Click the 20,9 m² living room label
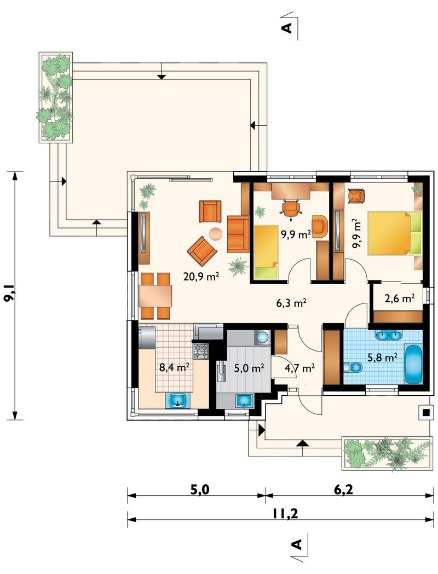[201, 276]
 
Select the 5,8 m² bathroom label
[383, 357]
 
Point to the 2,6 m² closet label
[400, 298]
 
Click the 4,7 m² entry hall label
[299, 367]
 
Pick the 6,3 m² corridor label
[291, 303]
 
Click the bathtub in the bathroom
[413, 364]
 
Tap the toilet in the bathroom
[353, 367]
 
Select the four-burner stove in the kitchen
[201, 351]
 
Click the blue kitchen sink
[178, 401]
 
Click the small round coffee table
[215, 233]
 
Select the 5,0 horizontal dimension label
[199, 490]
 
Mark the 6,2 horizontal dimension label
[343, 490]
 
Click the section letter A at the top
[289, 27]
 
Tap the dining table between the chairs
[155, 296]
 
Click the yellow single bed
[266, 252]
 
